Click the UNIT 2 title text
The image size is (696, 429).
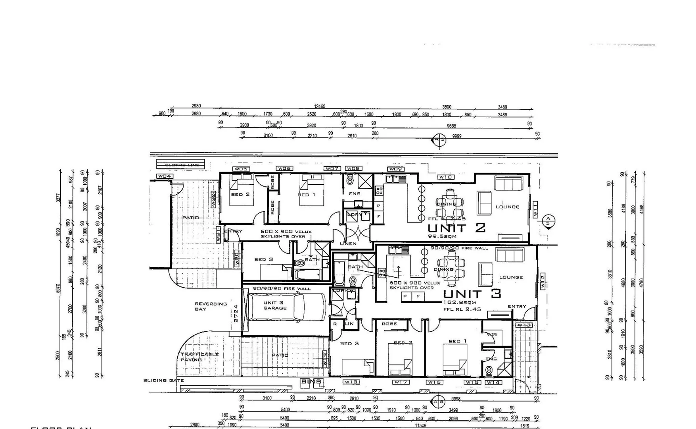click(456, 228)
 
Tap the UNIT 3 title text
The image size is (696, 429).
click(472, 294)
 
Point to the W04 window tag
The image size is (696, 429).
click(164, 176)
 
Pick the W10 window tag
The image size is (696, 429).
click(446, 177)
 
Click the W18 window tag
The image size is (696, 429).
click(351, 382)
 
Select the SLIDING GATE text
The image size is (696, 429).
click(163, 381)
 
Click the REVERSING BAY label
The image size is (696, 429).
click(211, 306)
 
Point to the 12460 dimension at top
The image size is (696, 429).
click(319, 106)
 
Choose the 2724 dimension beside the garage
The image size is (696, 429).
click(236, 313)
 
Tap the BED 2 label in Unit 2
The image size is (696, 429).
click(240, 195)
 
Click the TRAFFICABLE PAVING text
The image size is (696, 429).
click(199, 357)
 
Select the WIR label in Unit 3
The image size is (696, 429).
click(492, 334)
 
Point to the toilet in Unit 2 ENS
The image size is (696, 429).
click(350, 180)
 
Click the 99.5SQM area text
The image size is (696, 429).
click(442, 236)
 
